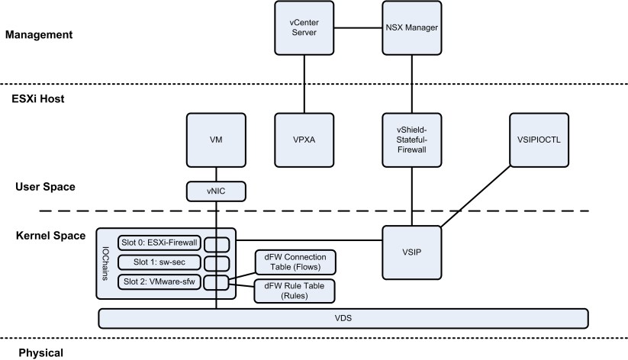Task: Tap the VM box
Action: (216, 140)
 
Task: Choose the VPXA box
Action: (304, 140)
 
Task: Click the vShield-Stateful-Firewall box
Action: (411, 140)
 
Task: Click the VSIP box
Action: (411, 251)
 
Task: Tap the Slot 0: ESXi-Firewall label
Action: (157, 243)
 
